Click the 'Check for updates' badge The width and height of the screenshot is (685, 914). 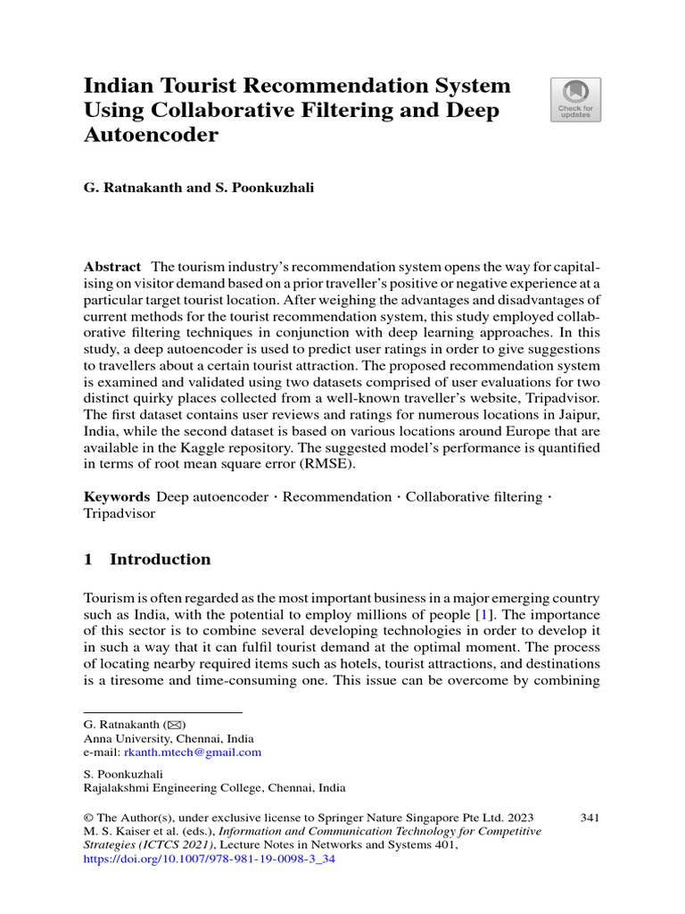click(x=575, y=99)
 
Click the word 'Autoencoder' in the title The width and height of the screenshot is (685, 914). click(x=151, y=135)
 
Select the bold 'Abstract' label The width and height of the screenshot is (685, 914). click(x=112, y=267)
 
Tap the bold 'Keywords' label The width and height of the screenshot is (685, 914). click(x=116, y=496)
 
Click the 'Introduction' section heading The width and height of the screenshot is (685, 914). click(x=160, y=560)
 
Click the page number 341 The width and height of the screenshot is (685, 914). click(x=590, y=816)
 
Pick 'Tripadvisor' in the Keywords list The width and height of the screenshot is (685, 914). click(x=120, y=513)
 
